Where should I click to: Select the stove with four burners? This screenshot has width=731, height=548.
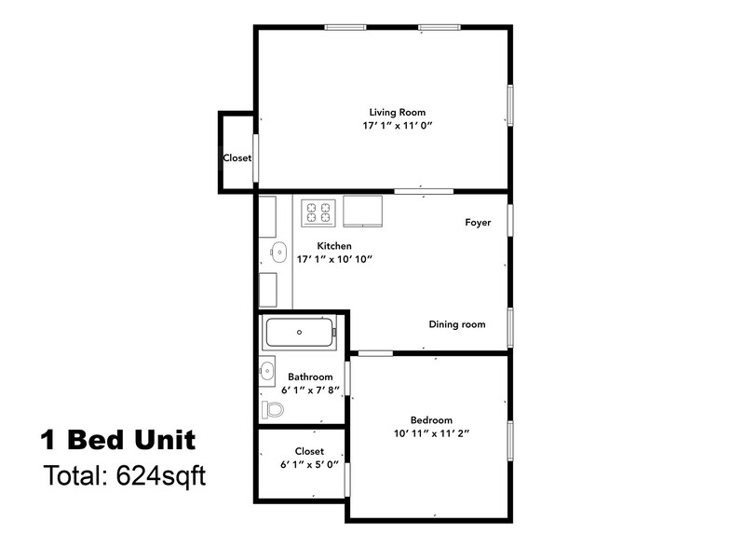(318, 212)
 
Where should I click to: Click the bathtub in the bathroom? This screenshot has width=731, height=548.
(299, 332)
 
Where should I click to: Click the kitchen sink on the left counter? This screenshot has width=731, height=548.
(277, 250)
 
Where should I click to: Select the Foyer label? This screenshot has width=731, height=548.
(478, 224)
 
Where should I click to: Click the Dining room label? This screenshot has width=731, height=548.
(457, 324)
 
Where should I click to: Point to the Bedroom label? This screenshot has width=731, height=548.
(431, 419)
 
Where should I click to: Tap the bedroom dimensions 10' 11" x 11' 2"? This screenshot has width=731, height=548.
(431, 433)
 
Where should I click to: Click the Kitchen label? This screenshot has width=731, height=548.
(334, 246)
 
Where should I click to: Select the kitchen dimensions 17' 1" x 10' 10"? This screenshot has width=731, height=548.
(334, 259)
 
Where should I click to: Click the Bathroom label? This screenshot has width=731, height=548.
(310, 377)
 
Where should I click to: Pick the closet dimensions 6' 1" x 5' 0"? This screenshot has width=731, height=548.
(309, 464)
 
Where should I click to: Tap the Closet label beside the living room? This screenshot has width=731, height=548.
(237, 158)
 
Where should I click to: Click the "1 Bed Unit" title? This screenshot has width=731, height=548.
(117, 438)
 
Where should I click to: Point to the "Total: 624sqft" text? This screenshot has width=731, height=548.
(124, 475)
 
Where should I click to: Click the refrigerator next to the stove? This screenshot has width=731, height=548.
(364, 211)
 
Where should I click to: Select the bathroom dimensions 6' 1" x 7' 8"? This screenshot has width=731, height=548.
(310, 390)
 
